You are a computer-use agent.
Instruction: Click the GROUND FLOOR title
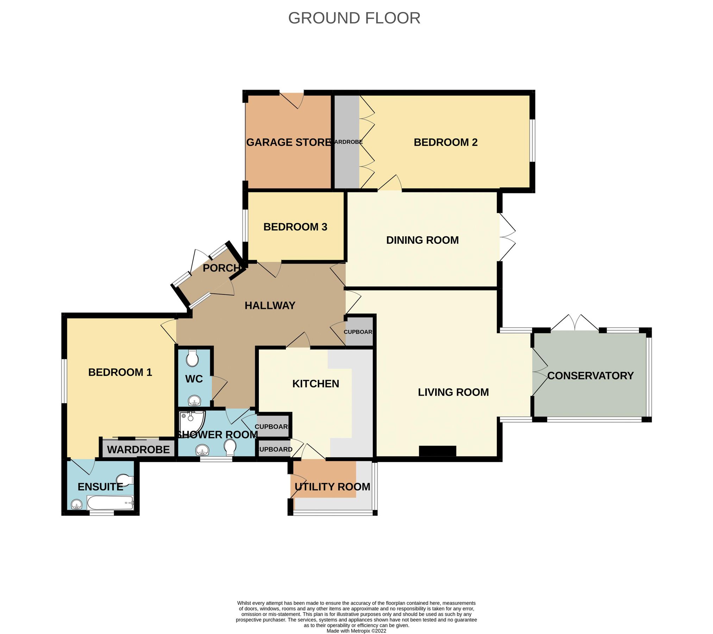pos(354,18)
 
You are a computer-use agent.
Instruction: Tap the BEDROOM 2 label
pos(445,142)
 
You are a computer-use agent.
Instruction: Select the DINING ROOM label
pos(422,240)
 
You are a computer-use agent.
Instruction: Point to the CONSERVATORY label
pos(590,376)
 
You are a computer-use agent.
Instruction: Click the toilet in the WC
pos(192,359)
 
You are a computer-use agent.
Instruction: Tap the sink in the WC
pos(194,401)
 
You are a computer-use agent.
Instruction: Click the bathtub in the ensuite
pos(110,503)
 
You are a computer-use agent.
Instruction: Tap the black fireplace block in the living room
pos(437,451)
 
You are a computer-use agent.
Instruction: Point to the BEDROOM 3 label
pos(295,227)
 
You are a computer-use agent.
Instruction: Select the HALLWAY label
pos(270,305)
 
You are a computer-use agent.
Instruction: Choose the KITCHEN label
pos(315,384)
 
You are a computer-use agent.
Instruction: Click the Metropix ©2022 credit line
pos(356,631)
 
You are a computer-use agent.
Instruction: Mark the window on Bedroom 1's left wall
pos(64,381)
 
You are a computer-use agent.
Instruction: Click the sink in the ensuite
pos(77,505)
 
